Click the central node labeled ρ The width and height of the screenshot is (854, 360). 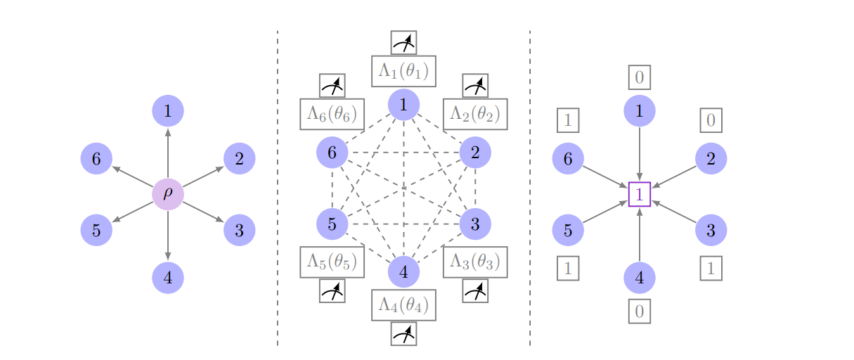[x=168, y=194]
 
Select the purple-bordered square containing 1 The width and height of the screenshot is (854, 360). [x=640, y=194]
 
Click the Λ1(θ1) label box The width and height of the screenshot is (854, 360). [x=403, y=71]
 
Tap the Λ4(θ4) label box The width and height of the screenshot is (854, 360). [x=403, y=305]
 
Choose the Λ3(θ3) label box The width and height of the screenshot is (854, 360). [x=475, y=262]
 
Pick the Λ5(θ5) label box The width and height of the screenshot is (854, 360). [x=332, y=262]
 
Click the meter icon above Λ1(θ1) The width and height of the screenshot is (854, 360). [x=403, y=43]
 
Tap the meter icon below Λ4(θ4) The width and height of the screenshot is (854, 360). [x=403, y=334]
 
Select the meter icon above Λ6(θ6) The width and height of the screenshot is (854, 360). [x=332, y=86]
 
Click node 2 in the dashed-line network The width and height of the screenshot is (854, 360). [x=475, y=152]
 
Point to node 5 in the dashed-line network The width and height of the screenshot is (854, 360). [x=332, y=224]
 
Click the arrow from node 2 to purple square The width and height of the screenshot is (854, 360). [x=675, y=176]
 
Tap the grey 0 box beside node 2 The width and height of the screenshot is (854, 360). [x=711, y=121]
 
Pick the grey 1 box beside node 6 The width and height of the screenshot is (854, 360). [x=568, y=121]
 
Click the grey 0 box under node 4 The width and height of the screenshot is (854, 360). [x=640, y=311]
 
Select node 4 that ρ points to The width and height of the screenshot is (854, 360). [x=168, y=277]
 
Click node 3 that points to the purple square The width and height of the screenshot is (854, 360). [x=711, y=230]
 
